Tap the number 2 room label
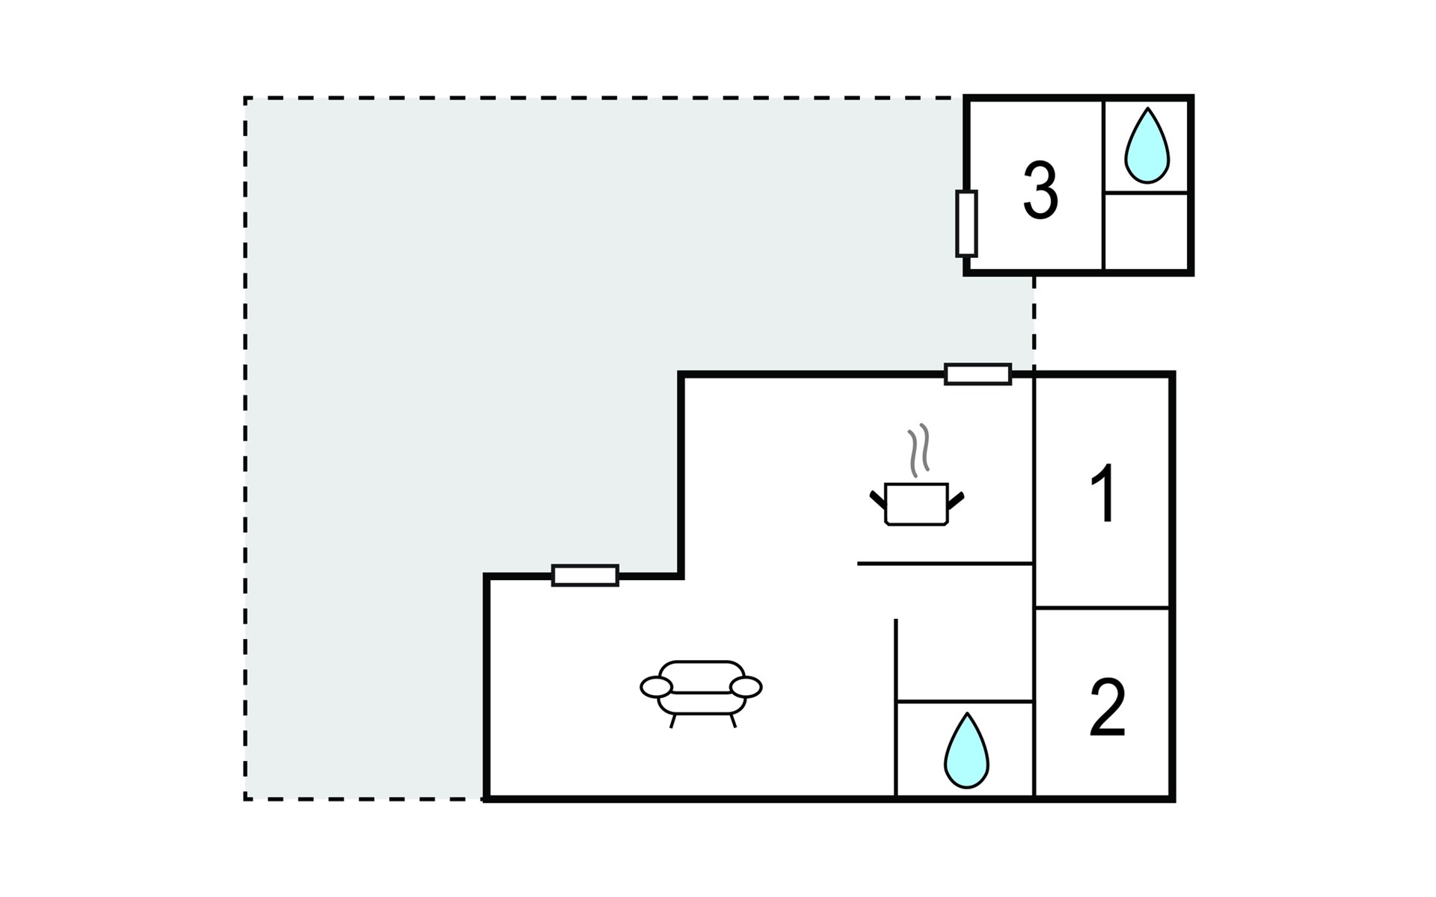coord(1107,707)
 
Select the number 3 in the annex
coord(1040,191)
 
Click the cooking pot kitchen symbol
coord(916,504)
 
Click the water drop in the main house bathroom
coord(966,750)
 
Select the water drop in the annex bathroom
coord(1147,146)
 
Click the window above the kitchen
coord(978,374)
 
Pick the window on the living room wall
coord(585,576)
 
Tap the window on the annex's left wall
coord(966,224)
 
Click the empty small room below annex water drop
coord(1146,232)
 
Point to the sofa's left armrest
coord(656,687)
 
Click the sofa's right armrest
coord(746,687)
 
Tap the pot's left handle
coord(878,500)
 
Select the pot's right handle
coord(955,500)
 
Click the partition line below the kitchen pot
coord(945,563)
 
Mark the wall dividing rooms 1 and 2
coord(1102,608)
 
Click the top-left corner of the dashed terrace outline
coord(245,98)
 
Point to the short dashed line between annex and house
coord(1034,321)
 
